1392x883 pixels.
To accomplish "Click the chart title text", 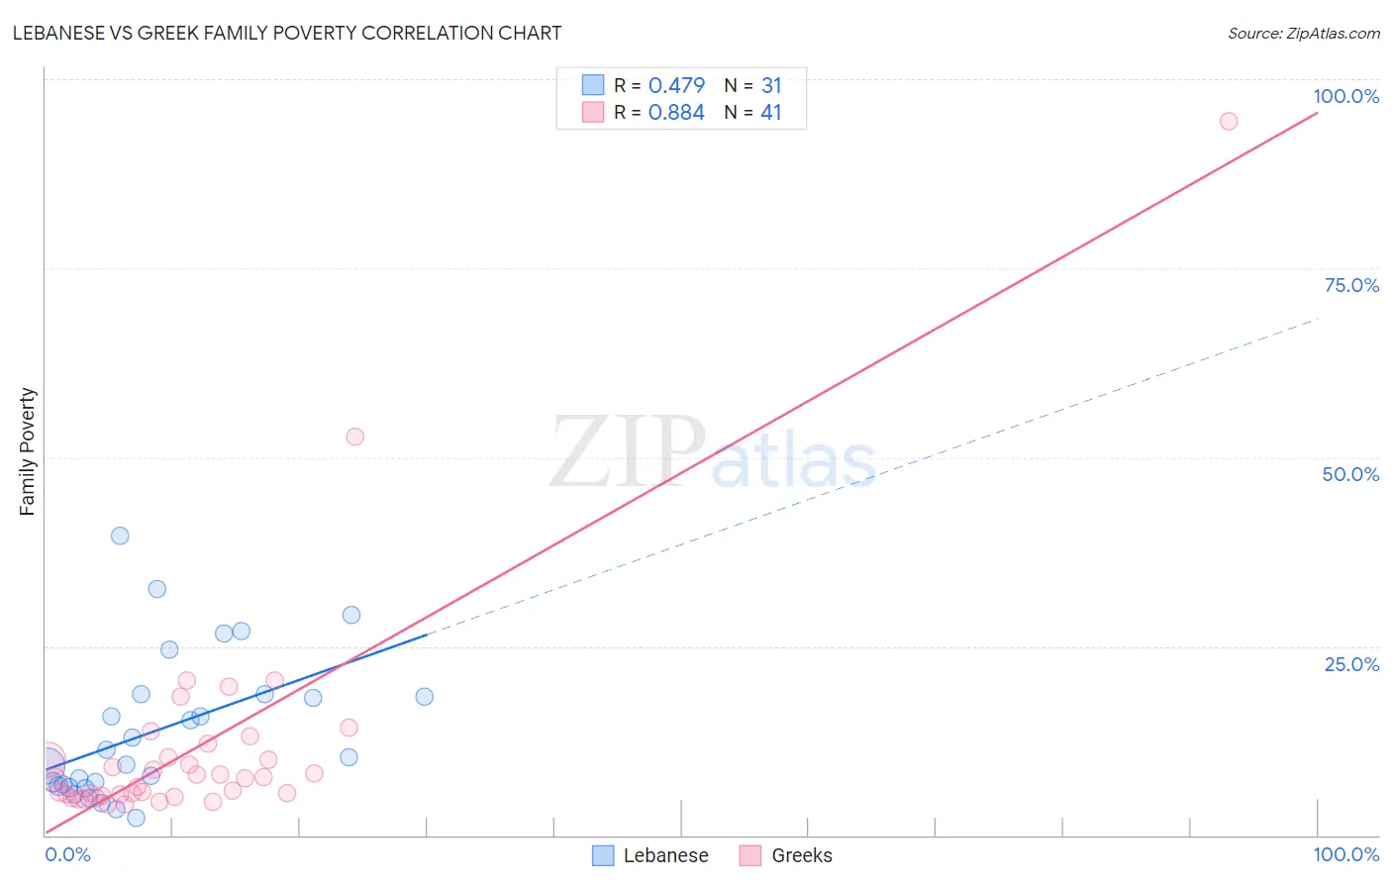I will (287, 33).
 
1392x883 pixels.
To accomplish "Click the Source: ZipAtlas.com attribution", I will (1303, 33).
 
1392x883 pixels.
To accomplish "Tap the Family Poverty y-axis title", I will (28, 451).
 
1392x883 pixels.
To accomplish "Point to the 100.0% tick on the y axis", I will (1345, 96).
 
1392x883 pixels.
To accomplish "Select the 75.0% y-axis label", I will (1351, 285).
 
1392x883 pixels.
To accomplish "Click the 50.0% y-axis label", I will (1350, 474).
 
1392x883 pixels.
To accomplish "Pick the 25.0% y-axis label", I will (1351, 663).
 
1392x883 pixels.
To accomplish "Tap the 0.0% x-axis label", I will (67, 854).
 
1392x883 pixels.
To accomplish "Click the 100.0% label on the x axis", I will (1345, 854).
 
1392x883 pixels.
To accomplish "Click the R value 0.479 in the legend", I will (676, 85).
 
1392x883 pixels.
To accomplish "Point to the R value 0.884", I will (676, 112).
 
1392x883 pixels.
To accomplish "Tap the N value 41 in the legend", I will (770, 112).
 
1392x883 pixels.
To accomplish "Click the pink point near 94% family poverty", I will (1229, 121).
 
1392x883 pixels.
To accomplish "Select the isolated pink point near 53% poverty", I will (354, 437).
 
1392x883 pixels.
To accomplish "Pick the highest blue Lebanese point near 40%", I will (120, 536).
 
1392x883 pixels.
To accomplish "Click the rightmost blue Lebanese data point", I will (424, 696).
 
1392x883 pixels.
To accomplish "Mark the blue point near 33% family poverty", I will (156, 589).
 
